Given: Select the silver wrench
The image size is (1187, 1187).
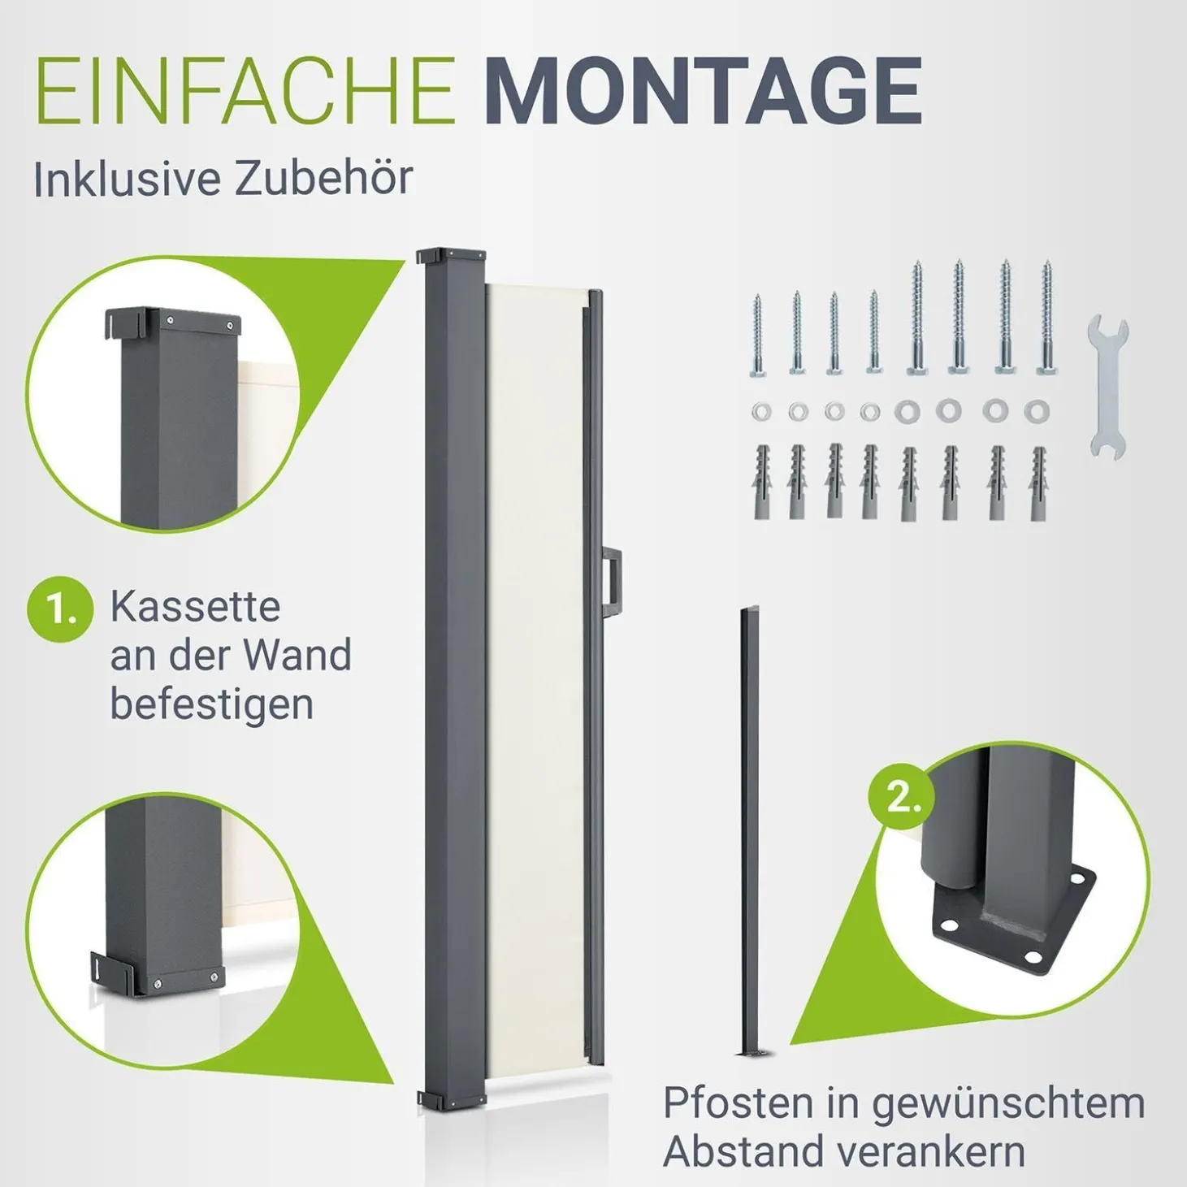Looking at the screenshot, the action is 1108,386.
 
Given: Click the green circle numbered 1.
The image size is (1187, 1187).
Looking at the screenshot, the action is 60,610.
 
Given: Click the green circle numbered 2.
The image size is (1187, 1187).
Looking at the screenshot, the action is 901,799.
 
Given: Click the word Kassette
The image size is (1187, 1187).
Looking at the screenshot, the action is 195,608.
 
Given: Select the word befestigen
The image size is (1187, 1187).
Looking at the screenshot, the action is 212,704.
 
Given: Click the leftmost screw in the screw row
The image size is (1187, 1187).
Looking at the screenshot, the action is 757,335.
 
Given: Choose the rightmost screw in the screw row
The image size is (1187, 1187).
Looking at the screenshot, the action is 1046,317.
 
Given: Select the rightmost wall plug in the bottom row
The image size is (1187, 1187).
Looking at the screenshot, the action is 1038,484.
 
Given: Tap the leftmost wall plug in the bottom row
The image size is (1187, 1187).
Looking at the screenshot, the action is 761,483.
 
